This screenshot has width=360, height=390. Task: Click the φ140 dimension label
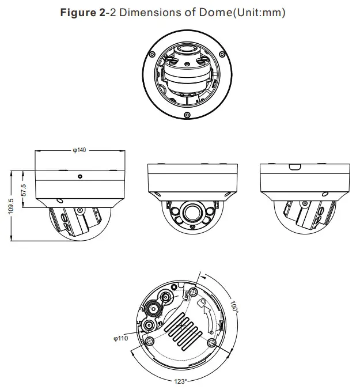pos(79,150)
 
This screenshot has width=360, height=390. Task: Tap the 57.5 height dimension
pos(24,190)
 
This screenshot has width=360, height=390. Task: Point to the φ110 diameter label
pos(121,338)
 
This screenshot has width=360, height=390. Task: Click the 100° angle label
pos(234,305)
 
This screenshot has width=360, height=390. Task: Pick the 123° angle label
pos(180,381)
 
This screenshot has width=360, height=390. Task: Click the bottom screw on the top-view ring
pos(188,115)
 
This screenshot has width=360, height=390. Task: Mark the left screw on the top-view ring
pos(152,54)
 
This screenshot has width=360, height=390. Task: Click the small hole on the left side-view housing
pos(80,176)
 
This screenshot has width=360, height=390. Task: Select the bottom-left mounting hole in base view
pos(151,341)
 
